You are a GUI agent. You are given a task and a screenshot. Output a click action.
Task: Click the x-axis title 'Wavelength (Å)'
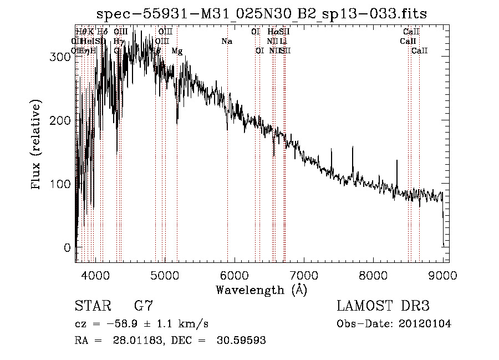click(261, 290)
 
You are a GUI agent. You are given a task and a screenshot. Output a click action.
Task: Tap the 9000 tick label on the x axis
click(442, 275)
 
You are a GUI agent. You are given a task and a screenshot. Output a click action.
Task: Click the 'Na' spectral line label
click(226, 41)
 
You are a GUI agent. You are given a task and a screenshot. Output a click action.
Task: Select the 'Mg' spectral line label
click(177, 51)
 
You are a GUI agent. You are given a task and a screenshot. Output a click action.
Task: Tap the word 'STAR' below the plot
click(92, 306)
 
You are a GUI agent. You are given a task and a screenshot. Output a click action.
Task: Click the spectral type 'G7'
click(144, 306)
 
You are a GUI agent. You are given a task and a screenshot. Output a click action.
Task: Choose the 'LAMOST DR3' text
click(383, 306)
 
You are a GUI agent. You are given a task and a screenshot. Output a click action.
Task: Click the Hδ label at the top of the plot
click(103, 32)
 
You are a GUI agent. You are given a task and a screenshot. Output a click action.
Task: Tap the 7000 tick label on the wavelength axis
click(303, 275)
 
